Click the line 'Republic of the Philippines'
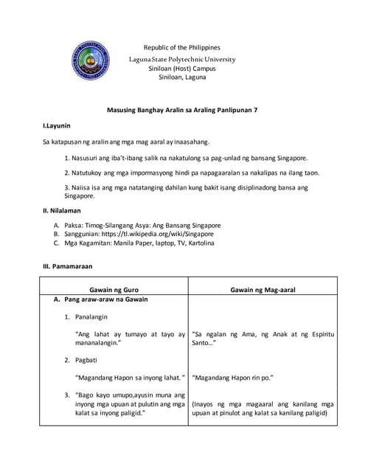(181, 47)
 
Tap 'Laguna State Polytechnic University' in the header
(182, 58)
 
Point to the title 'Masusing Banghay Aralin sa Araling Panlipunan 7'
(182, 110)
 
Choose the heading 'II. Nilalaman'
(61, 210)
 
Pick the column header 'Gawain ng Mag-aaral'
(263, 290)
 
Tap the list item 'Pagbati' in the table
(86, 360)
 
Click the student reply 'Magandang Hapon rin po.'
(232, 378)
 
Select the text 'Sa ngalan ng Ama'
(226, 334)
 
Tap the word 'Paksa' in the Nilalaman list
(74, 224)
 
